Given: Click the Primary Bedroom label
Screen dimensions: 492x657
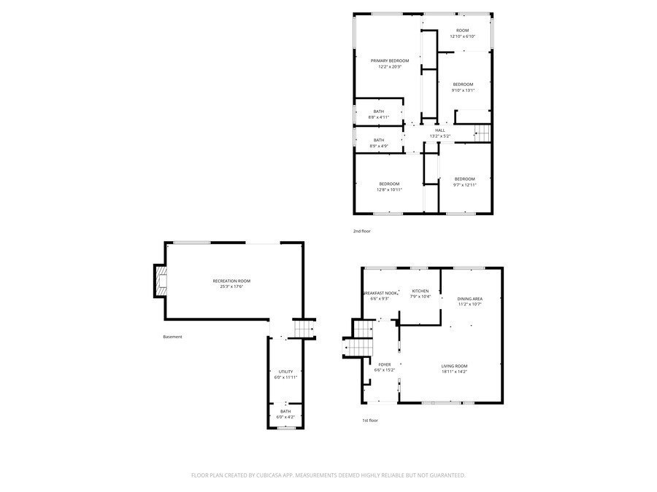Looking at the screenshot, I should click(x=389, y=60).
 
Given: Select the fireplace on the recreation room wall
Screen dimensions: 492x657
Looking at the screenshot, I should click(x=160, y=281).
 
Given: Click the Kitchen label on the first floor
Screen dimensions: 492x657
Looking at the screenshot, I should click(x=420, y=291).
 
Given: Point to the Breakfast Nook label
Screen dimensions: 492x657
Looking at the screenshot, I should click(x=380, y=293).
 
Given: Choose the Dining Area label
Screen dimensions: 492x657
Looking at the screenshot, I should click(x=469, y=299).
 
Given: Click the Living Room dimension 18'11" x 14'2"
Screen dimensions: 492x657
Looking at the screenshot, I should click(x=454, y=372).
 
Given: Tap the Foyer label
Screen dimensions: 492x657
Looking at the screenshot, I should click(x=384, y=364).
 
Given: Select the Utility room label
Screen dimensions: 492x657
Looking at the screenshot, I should click(x=285, y=372).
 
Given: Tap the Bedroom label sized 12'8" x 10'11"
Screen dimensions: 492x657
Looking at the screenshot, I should click(x=389, y=183).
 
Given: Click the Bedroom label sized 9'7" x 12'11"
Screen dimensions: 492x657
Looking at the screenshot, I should click(x=464, y=179).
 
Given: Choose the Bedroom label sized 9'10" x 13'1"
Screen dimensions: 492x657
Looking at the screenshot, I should click(x=463, y=85).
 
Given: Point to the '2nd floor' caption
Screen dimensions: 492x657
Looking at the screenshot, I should click(x=361, y=230).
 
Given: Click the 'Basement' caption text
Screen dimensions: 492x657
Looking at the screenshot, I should click(x=172, y=337).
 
